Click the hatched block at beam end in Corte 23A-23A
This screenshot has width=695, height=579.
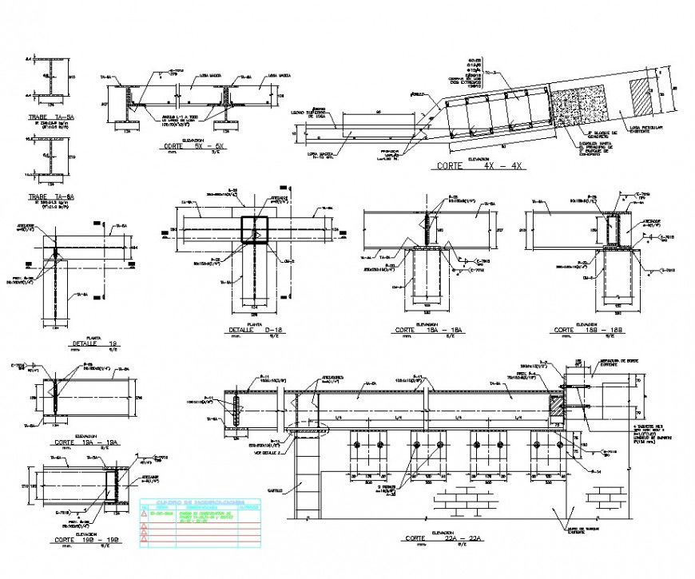point(555,405)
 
